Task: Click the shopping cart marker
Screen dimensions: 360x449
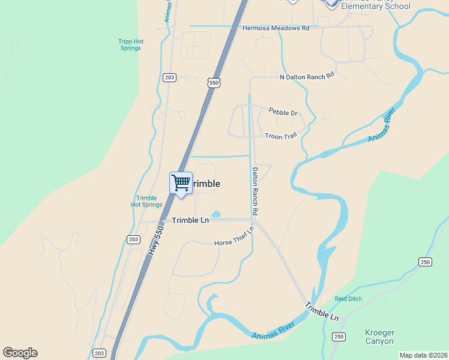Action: point(181,182)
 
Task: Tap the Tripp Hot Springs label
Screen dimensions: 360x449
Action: point(130,45)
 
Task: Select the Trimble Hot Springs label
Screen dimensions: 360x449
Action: point(146,202)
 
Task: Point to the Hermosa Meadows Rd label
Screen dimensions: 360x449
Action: point(276,28)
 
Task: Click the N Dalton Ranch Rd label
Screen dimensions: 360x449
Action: point(306,77)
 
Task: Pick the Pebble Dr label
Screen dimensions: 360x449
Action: point(283,113)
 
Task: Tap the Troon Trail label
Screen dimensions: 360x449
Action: point(281,136)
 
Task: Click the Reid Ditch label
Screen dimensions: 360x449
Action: point(349,299)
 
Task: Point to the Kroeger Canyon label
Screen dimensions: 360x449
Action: point(379,337)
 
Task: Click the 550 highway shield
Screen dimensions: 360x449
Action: point(214,82)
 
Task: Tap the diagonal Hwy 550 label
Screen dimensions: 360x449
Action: point(155,241)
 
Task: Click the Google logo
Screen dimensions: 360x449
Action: point(20,353)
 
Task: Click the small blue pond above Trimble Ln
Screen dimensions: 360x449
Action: point(216,214)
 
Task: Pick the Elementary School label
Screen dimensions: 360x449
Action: point(375,6)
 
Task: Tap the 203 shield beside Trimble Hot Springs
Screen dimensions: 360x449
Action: point(133,239)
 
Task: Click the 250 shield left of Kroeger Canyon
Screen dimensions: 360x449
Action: point(339,337)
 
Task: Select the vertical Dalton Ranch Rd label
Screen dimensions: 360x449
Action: point(255,191)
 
